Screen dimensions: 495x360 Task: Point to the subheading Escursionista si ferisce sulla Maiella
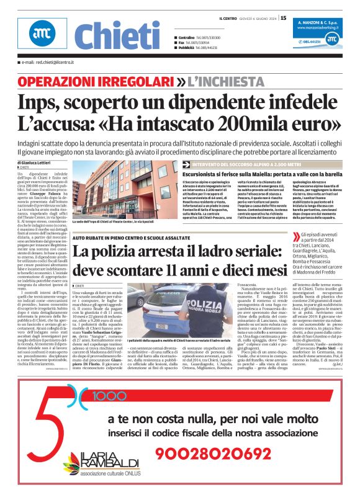click(x=254, y=175)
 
